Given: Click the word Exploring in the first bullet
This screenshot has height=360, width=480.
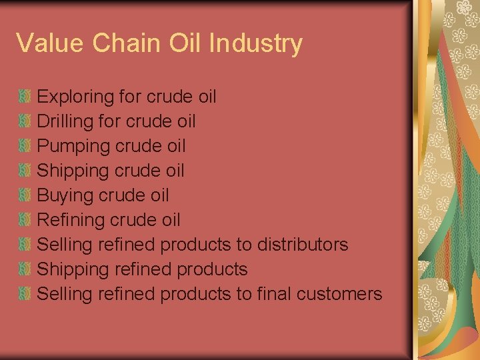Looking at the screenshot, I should tap(76, 97).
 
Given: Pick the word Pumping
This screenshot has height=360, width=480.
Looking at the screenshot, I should tap(73, 146).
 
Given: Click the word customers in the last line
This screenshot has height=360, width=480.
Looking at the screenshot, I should tap(341, 293).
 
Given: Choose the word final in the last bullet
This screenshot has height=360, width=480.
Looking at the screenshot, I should tap(274, 293).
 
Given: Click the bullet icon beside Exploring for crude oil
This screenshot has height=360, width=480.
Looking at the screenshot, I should tap(25, 97).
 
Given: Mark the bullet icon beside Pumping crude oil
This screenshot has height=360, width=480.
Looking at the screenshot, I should tap(25, 146).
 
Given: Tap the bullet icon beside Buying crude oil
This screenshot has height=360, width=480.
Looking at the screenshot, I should tap(25, 195).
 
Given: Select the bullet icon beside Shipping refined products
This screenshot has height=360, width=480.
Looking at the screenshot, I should tap(25, 269).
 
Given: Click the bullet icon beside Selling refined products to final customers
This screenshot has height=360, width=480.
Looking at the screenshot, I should tap(25, 293).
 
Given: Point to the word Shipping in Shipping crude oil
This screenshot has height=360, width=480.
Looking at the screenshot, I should tap(73, 171).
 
